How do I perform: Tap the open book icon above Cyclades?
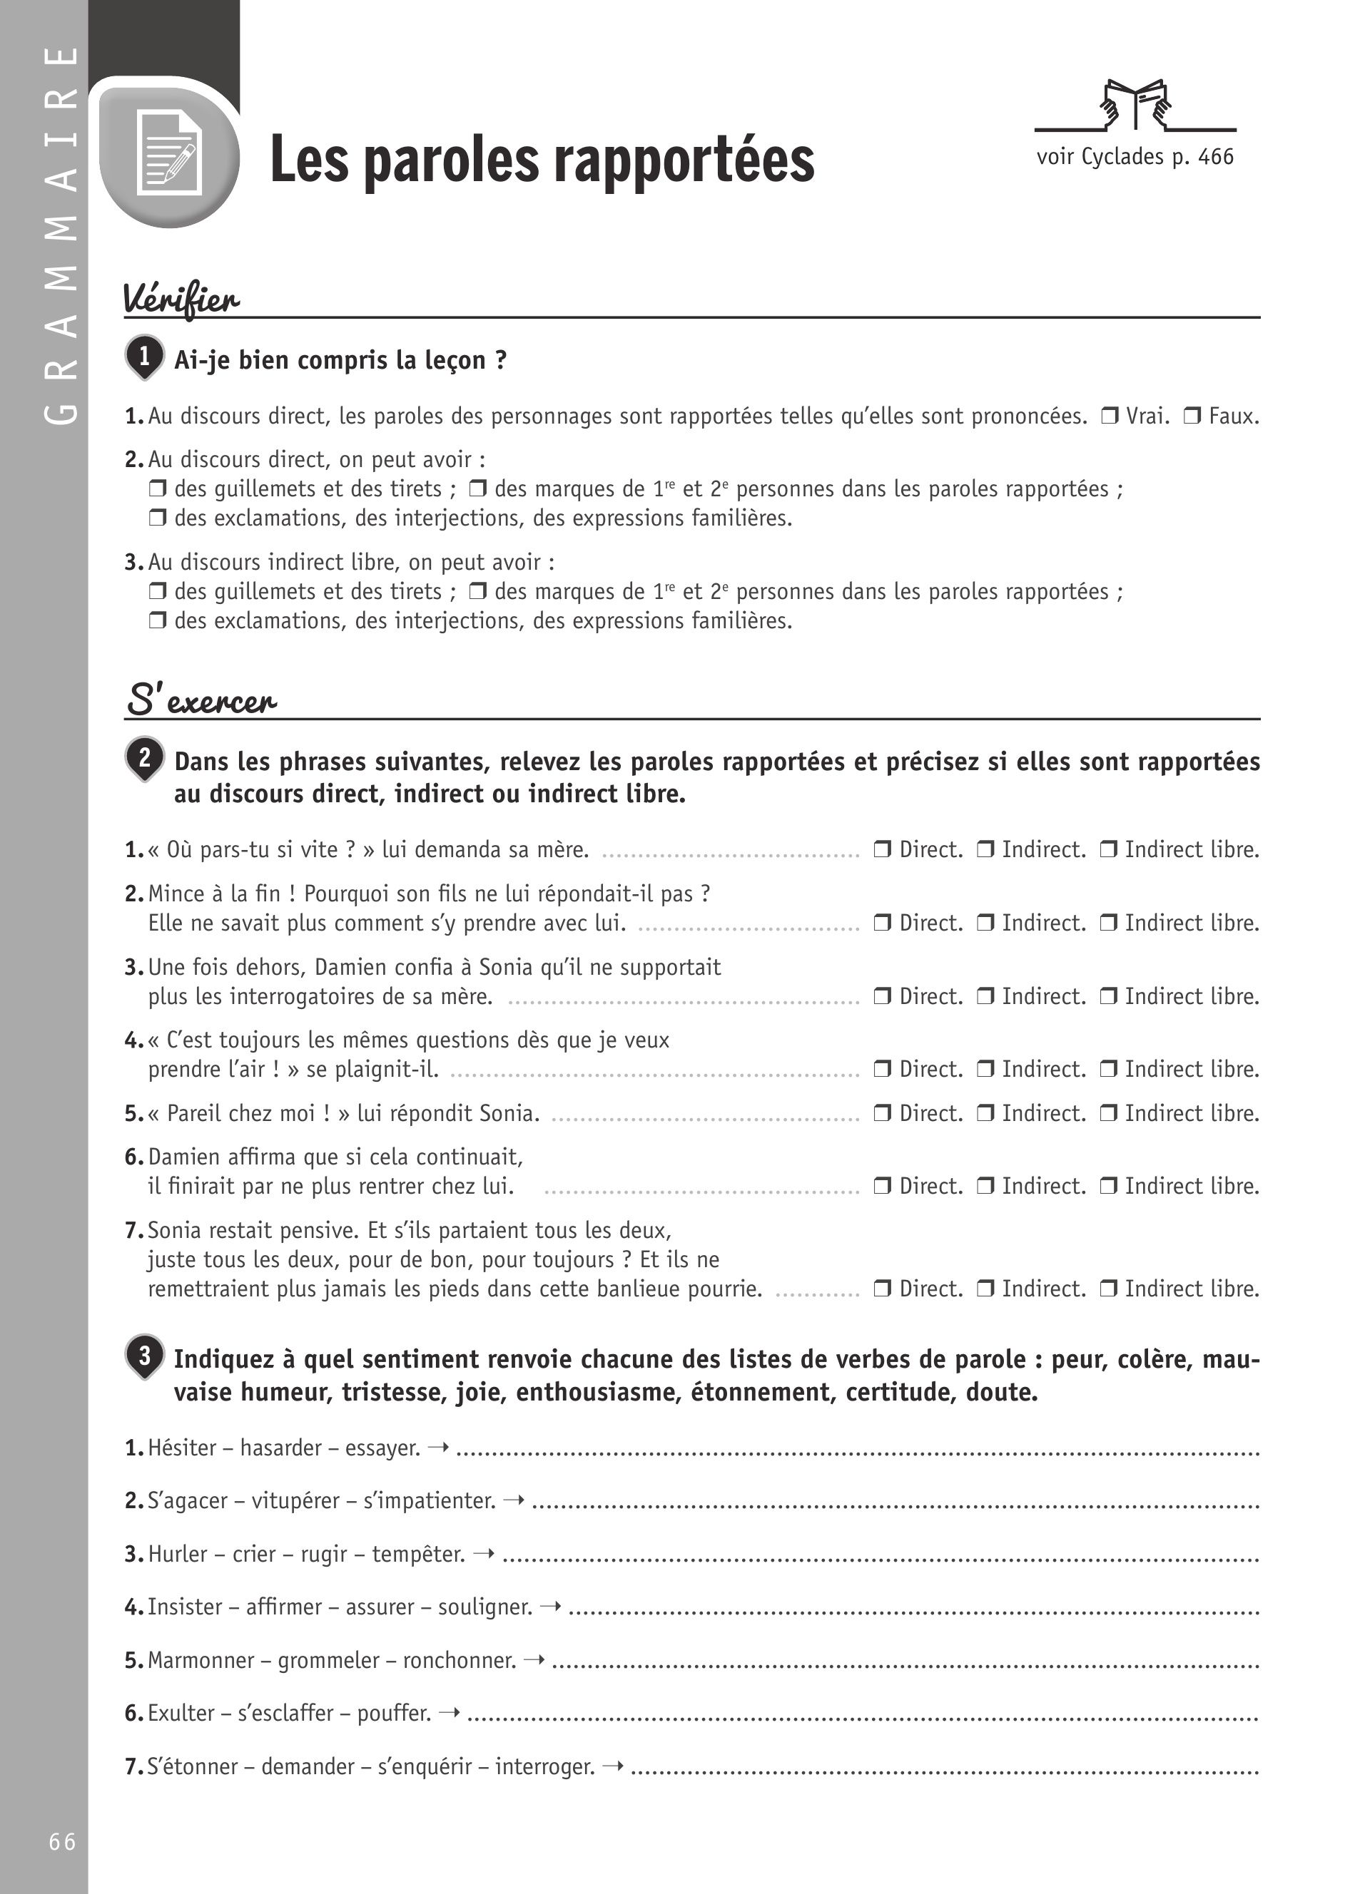[x=1135, y=104]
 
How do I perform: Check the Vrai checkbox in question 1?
[x=1110, y=416]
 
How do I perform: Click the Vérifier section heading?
[x=181, y=299]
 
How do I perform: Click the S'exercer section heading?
[x=201, y=700]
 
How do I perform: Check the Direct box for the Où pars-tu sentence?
[x=882, y=850]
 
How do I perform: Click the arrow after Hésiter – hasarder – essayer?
[x=437, y=1446]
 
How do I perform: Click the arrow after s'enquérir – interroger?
[x=612, y=1766]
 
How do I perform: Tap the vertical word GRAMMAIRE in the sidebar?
[x=60, y=234]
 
